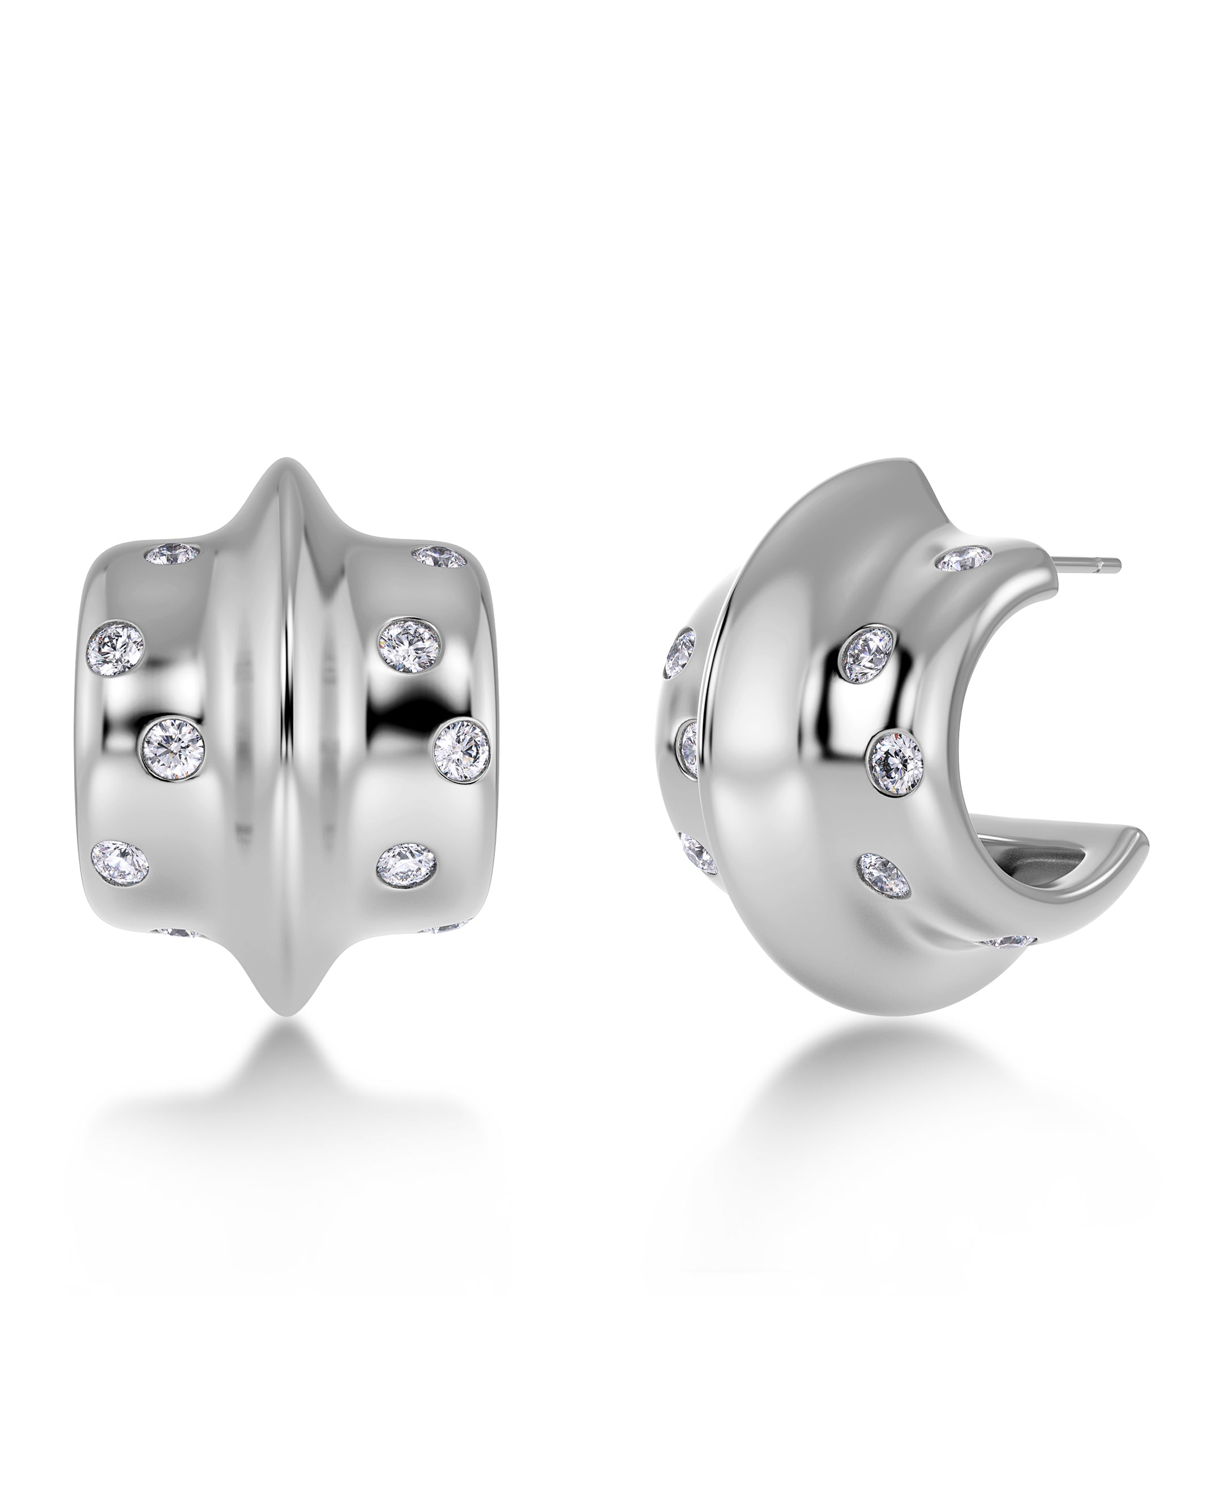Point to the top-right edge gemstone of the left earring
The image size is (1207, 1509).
point(439,557)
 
